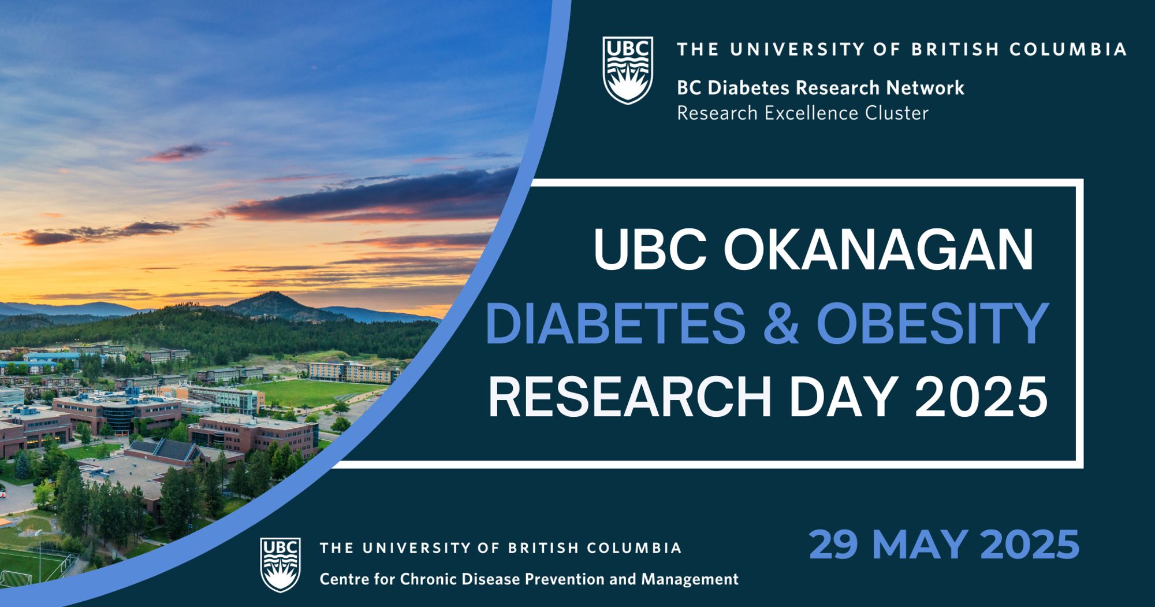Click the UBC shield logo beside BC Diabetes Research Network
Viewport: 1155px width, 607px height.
[628, 70]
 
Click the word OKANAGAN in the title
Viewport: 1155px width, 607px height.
[878, 250]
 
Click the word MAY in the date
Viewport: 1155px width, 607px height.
[919, 544]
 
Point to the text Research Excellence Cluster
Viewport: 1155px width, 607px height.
[803, 113]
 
